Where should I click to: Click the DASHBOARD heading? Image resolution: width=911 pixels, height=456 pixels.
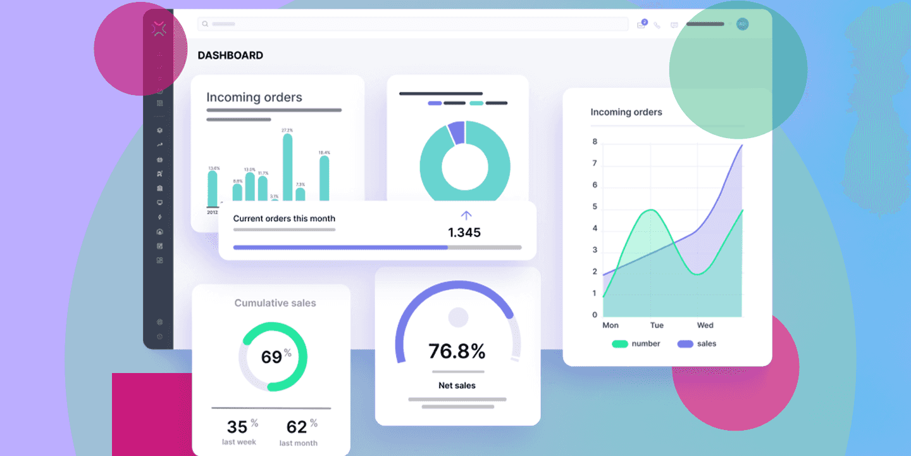[230, 56]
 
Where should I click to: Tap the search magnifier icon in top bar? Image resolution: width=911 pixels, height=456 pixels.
[205, 24]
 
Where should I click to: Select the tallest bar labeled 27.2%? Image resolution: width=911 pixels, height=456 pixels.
[287, 168]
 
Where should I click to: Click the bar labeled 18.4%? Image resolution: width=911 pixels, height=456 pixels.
[324, 179]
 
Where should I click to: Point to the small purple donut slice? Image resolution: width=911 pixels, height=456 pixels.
[457, 132]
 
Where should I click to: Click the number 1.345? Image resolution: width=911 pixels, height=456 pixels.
[464, 232]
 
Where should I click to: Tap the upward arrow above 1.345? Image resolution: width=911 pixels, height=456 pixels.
[466, 215]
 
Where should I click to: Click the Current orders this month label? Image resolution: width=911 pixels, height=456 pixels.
[284, 218]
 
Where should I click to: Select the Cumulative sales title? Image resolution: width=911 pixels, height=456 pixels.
[275, 303]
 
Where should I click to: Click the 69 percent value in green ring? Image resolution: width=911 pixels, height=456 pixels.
[272, 357]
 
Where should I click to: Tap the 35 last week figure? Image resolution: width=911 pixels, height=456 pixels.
[238, 426]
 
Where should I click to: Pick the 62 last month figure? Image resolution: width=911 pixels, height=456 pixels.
[297, 426]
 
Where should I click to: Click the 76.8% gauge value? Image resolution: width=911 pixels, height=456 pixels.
[457, 351]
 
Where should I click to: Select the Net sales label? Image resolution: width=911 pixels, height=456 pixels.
[457, 385]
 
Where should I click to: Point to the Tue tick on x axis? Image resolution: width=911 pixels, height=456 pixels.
[657, 325]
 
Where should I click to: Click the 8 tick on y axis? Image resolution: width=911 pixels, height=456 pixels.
[595, 142]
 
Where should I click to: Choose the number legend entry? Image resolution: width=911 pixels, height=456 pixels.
[636, 344]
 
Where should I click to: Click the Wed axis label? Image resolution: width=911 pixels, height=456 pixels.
[705, 325]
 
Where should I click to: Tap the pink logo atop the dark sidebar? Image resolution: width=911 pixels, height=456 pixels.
[159, 28]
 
